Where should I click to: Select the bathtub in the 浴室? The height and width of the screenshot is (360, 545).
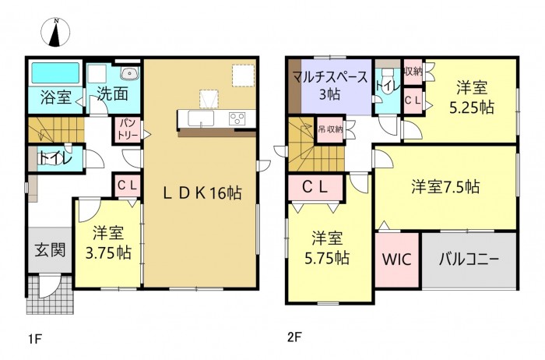point(55,74)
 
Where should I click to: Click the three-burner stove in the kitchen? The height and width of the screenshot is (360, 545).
point(237,118)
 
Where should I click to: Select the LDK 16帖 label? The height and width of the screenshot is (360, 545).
point(202,194)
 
